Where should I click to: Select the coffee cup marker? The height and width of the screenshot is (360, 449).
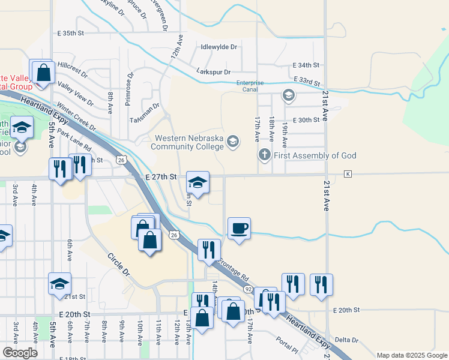coord(239,228)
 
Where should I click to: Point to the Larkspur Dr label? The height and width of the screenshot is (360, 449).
coord(214,71)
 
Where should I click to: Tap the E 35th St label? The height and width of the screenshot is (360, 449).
coord(71,34)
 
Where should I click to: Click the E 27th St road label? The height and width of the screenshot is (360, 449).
coord(161,177)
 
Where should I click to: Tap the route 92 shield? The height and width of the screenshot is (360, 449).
coord(247,289)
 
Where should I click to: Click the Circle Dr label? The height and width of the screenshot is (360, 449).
coord(118,263)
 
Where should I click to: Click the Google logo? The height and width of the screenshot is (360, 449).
coord(19,353)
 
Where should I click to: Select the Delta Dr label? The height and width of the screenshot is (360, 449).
coord(346,340)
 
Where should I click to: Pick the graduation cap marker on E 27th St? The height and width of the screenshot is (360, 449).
coord(197,181)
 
